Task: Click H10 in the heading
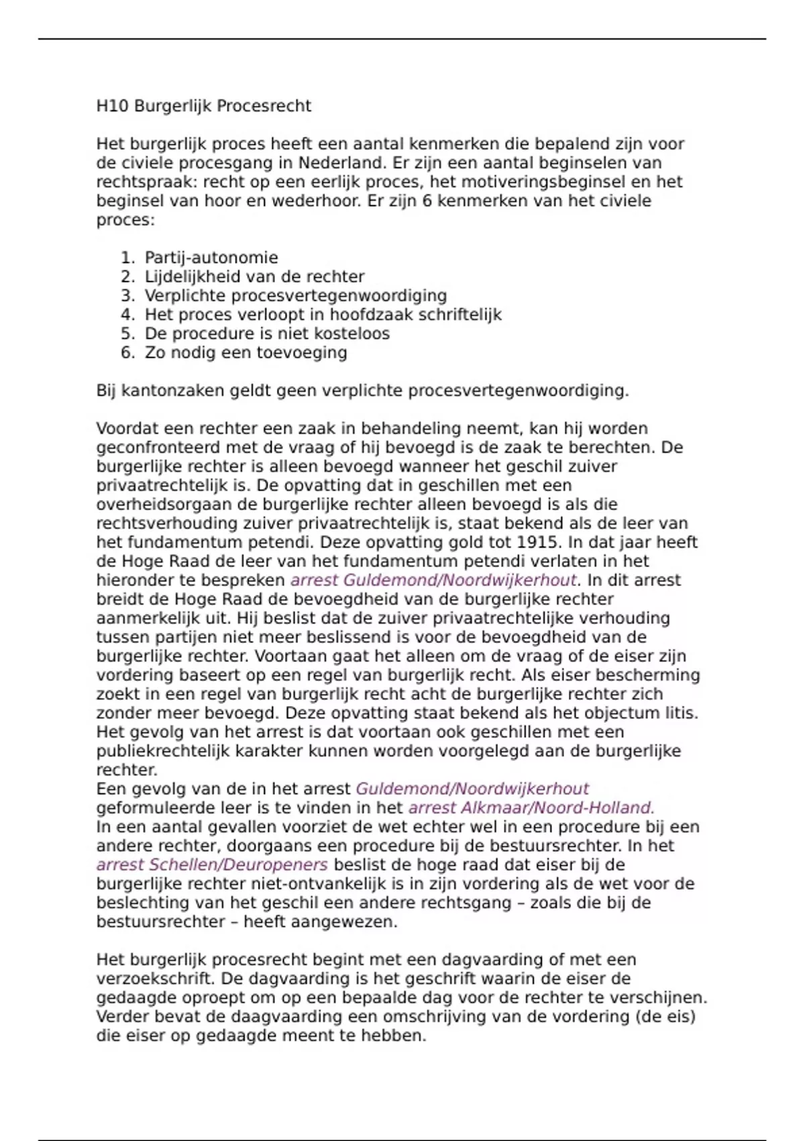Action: point(113,106)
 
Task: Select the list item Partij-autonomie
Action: point(211,258)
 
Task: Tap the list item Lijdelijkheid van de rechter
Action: point(254,277)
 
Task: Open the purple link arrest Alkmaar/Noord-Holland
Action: point(531,808)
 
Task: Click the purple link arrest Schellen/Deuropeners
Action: point(212,864)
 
